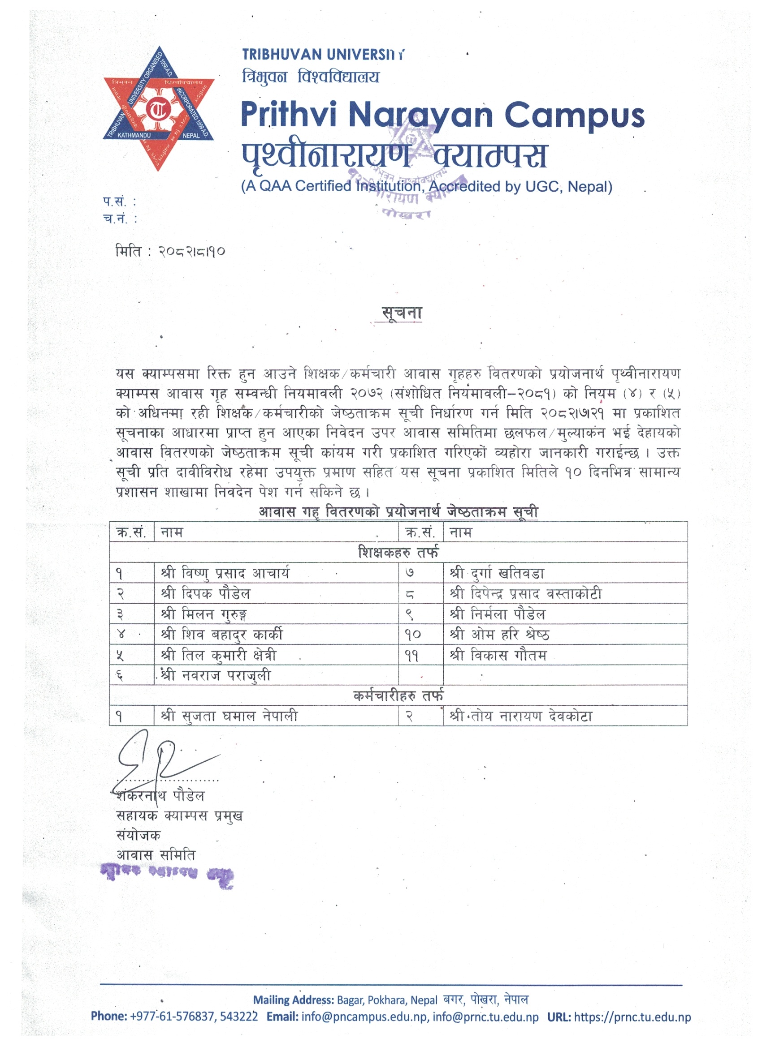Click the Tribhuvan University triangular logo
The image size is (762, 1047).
point(158,108)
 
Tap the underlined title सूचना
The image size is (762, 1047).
point(401,313)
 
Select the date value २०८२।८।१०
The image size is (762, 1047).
point(191,252)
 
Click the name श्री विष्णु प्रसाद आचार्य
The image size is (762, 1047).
point(225,573)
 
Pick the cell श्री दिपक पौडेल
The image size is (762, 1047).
point(206,593)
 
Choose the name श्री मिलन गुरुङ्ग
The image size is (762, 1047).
point(204,614)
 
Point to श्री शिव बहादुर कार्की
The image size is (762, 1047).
point(222,634)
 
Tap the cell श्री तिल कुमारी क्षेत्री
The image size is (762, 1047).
point(219,655)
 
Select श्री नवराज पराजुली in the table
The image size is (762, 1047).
point(216,675)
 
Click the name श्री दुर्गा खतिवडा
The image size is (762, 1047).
point(497,573)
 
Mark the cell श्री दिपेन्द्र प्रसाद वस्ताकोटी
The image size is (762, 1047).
point(526,593)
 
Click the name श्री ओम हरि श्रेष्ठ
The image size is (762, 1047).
point(499,634)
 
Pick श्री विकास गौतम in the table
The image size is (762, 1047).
point(498,655)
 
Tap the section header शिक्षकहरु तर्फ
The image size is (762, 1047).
point(398,552)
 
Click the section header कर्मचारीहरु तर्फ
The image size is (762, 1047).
point(398,695)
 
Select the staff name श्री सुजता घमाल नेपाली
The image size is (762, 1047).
point(229,716)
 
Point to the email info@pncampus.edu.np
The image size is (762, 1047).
point(364,1017)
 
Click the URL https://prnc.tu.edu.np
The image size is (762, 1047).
point(632,1017)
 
